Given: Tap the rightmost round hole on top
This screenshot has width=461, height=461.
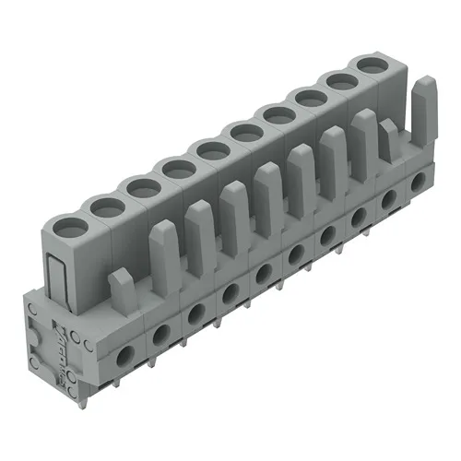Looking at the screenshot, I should (x=372, y=65).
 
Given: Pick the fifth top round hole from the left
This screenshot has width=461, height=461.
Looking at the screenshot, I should (x=212, y=149).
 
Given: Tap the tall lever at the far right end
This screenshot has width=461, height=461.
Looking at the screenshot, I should (x=421, y=101).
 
